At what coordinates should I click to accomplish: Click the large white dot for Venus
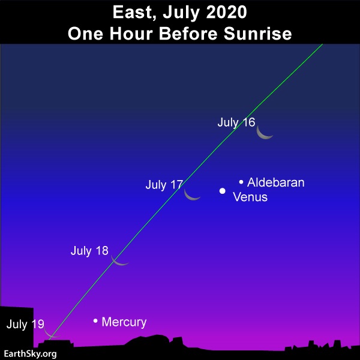pyautogui.click(x=222, y=191)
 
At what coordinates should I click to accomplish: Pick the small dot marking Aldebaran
pyautogui.click(x=241, y=182)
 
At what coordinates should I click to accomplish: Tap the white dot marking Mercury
pyautogui.click(x=95, y=320)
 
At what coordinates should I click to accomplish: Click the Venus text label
pyautogui.click(x=250, y=197)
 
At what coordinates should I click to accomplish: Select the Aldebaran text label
pyautogui.click(x=276, y=182)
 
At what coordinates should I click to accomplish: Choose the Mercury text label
pyautogui.click(x=124, y=322)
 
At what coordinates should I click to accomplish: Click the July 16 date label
pyautogui.click(x=236, y=122)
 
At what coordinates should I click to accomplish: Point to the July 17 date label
pyautogui.click(x=164, y=185)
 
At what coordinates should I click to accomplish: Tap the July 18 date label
pyautogui.click(x=89, y=251)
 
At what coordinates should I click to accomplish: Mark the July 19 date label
pyautogui.click(x=25, y=324)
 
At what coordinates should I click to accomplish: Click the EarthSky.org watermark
pyautogui.click(x=31, y=354)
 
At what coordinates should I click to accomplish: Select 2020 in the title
pyautogui.click(x=226, y=12)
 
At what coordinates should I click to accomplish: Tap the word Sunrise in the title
pyautogui.click(x=257, y=34)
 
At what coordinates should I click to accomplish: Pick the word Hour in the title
pyautogui.click(x=131, y=34)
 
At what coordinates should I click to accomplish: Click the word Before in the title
pyautogui.click(x=188, y=34)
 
